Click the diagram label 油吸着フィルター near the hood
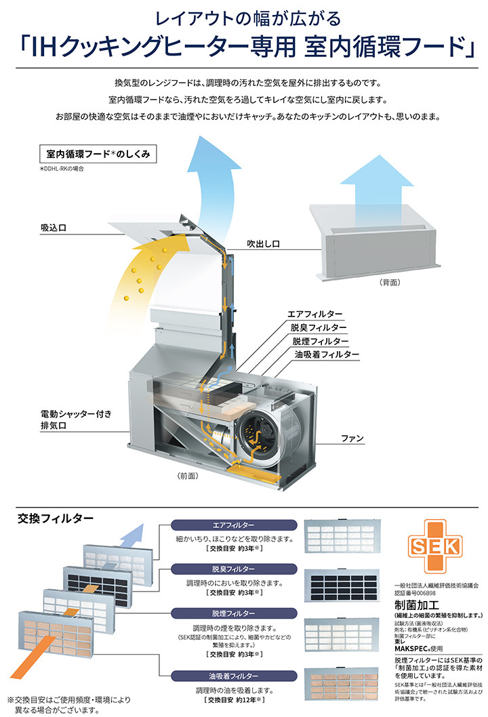[x=326, y=354]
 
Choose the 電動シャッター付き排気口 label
[x=70, y=419]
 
